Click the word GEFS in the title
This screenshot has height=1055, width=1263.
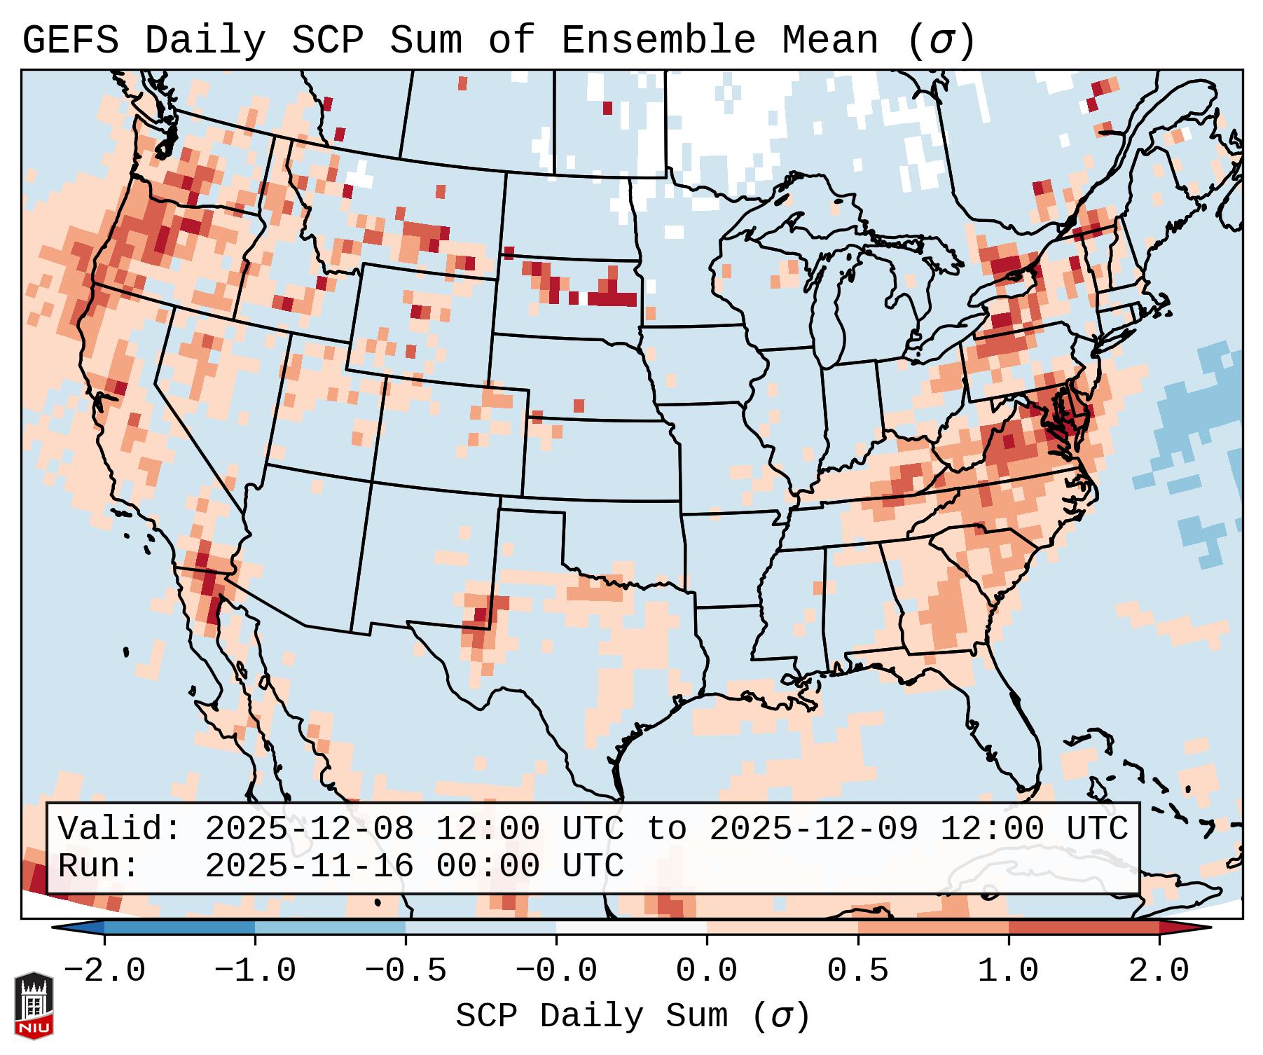click(x=70, y=41)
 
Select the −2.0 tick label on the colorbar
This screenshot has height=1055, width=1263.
click(x=104, y=971)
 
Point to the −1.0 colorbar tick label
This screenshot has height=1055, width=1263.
click(x=255, y=971)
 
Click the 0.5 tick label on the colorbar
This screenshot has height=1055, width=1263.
click(x=857, y=971)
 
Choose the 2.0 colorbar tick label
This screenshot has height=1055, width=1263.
click(x=1159, y=971)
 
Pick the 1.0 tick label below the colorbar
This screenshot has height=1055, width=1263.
click(x=1008, y=971)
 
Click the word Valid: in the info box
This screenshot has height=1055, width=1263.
click(x=120, y=829)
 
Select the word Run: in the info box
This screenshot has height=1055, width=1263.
click(x=99, y=866)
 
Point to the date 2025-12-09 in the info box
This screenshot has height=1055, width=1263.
click(x=813, y=829)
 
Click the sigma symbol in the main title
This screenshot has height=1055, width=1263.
click(x=941, y=41)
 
